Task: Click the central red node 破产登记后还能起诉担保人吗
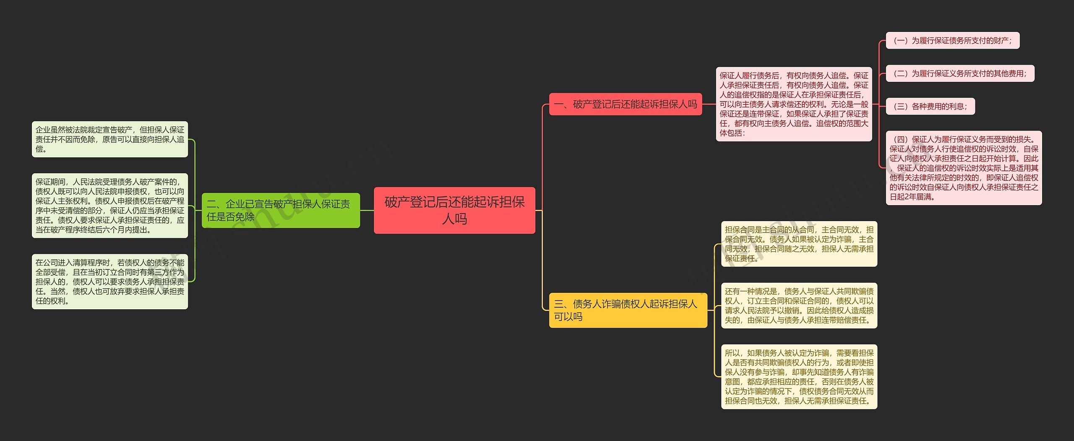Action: tap(454, 210)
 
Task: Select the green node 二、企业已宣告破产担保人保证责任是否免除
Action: tap(281, 210)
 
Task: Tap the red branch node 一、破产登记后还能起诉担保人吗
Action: tap(625, 104)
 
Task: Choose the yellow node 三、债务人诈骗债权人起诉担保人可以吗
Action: tap(628, 310)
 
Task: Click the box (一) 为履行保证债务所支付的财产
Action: tap(952, 41)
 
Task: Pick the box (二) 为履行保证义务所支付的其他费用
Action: tap(960, 73)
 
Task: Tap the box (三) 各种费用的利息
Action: tap(930, 107)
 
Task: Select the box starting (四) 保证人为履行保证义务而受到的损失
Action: tap(964, 168)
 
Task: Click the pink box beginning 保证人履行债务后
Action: tap(794, 104)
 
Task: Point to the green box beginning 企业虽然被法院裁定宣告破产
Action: tap(110, 139)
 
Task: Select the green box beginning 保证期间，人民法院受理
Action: tap(110, 206)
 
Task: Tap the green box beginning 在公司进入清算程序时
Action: tap(110, 282)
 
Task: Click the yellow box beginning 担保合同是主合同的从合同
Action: tap(799, 244)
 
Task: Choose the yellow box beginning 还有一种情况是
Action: tap(799, 305)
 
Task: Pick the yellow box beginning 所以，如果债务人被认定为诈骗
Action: tap(799, 377)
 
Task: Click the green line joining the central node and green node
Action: tap(367, 210)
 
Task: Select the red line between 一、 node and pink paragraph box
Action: tap(709, 104)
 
